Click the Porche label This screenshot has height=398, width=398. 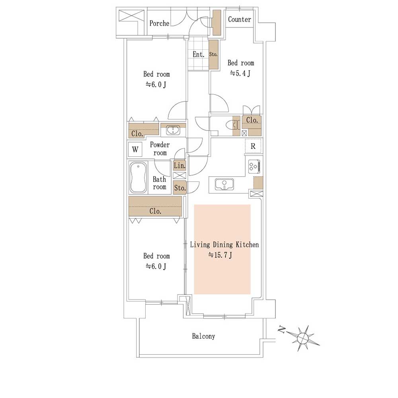(x=159, y=23)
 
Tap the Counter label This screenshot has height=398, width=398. (x=239, y=19)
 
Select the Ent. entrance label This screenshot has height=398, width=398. (x=198, y=54)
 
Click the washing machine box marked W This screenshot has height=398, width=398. (x=135, y=150)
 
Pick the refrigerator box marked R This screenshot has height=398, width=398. (x=253, y=146)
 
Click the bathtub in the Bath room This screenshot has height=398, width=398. (x=139, y=178)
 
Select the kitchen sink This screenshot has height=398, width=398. (x=224, y=184)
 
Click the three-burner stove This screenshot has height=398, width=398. (x=254, y=166)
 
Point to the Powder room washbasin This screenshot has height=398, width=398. (x=173, y=131)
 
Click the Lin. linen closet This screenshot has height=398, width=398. (x=179, y=166)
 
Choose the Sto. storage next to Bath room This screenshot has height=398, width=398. (x=180, y=188)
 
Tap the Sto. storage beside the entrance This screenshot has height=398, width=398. (x=213, y=54)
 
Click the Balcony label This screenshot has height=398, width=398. (x=203, y=336)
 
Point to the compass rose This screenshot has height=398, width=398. (x=302, y=338)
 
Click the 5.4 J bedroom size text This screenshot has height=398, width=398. (x=240, y=74)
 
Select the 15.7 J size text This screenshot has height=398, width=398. (x=220, y=255)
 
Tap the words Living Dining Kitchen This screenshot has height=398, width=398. (x=224, y=244)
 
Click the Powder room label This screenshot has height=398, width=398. (x=160, y=149)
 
